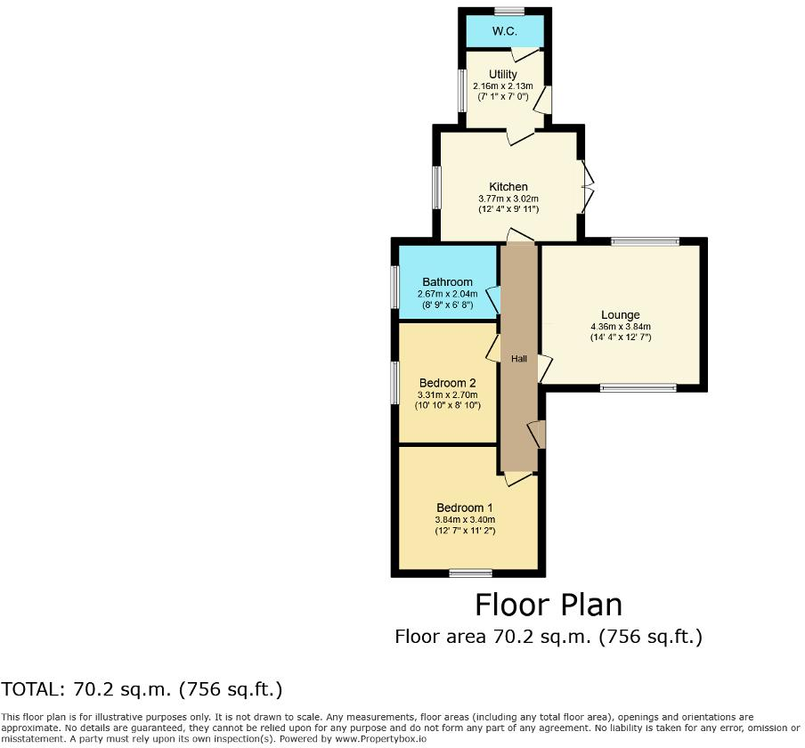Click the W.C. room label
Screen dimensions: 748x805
(x=505, y=31)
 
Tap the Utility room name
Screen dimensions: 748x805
(x=503, y=74)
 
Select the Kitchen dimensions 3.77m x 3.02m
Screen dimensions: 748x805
(x=508, y=199)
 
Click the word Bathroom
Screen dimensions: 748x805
(x=447, y=282)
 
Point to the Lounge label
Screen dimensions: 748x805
(x=620, y=314)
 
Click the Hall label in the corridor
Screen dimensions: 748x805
(x=519, y=359)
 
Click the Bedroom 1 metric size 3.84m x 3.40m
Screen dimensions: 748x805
(x=464, y=520)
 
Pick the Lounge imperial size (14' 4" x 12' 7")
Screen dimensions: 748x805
(x=620, y=337)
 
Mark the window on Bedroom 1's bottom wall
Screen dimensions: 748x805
(x=470, y=573)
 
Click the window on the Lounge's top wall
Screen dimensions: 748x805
(x=645, y=240)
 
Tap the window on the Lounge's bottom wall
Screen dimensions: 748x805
(x=638, y=388)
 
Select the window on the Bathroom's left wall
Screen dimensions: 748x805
(x=394, y=288)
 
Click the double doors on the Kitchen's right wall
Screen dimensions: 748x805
(x=586, y=186)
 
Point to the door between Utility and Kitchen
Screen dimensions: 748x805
(x=520, y=135)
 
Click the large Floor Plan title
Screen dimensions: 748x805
(x=548, y=605)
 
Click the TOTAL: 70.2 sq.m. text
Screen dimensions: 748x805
(x=142, y=688)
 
